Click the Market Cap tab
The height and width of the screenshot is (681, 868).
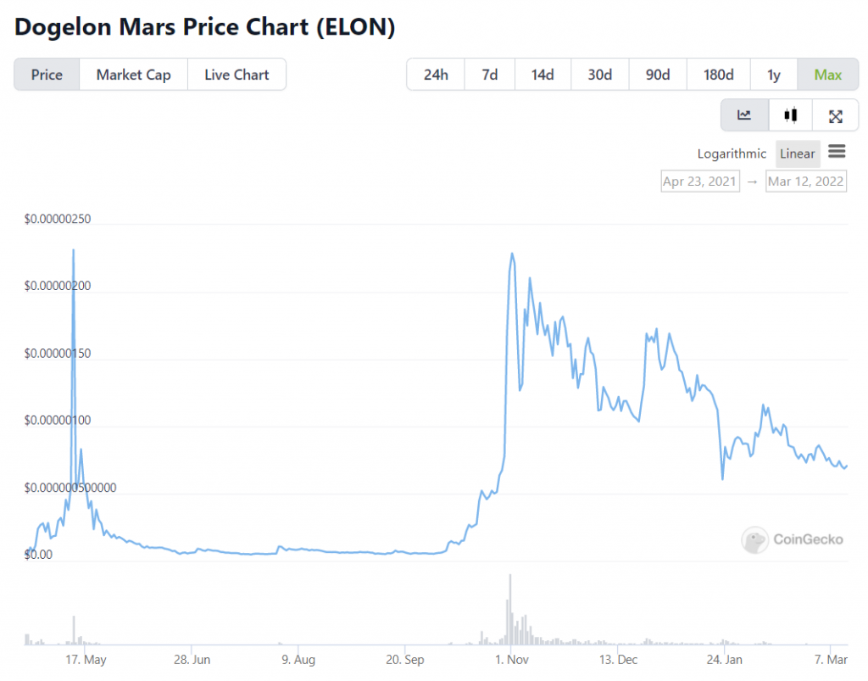tap(133, 75)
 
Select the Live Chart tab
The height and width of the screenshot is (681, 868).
tap(236, 75)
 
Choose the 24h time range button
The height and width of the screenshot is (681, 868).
tap(435, 75)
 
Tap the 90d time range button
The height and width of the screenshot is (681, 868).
tap(658, 75)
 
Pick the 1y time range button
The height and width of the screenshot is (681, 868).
tap(773, 75)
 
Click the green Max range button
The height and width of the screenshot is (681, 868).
tap(827, 75)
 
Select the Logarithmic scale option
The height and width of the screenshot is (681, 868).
tap(732, 154)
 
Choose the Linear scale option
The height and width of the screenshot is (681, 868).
tap(797, 154)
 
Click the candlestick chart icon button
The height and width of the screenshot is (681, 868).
tap(791, 115)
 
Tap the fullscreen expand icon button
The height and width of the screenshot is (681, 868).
tap(835, 115)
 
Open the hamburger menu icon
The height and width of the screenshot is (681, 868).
tap(837, 152)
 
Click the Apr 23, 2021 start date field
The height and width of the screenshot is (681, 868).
tap(699, 181)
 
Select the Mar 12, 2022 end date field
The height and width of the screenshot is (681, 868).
tap(806, 181)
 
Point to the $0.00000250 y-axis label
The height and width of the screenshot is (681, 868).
tap(58, 220)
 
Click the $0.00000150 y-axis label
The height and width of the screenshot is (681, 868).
tap(58, 354)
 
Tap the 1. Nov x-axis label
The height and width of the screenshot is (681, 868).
tap(511, 659)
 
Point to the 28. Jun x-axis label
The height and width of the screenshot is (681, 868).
tap(192, 659)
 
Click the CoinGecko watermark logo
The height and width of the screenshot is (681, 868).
tap(793, 539)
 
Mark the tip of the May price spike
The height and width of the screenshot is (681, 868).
tap(74, 250)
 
